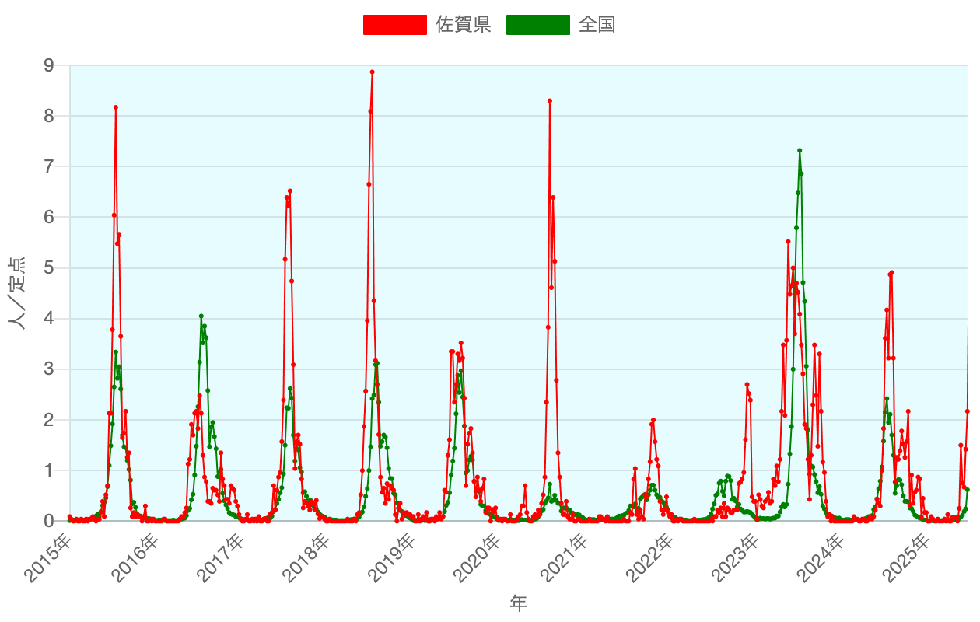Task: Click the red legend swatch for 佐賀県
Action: pos(395,25)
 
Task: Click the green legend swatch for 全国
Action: pos(537,25)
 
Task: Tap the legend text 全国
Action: pos(597,25)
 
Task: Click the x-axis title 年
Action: pos(518,603)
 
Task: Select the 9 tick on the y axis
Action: pos(49,66)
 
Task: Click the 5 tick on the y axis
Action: pos(49,268)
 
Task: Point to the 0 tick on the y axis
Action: pos(49,521)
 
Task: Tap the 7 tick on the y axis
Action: pos(49,167)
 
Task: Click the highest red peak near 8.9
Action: pos(372,72)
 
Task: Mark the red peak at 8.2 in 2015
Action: pos(115,107)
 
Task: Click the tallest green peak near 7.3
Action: pos(800,151)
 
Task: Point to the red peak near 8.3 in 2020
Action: pos(549,101)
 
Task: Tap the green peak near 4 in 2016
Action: pos(201,316)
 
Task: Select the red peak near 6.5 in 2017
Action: pos(289,190)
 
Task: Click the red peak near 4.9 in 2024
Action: pos(891,273)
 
